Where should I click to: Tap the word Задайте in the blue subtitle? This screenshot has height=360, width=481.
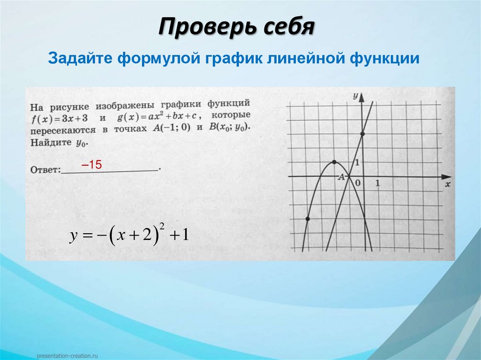76,59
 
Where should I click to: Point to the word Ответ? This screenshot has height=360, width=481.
46,169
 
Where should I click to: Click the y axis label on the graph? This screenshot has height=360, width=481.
356,96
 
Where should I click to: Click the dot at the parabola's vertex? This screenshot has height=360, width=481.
334,162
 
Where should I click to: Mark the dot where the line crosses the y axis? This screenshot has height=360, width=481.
362,134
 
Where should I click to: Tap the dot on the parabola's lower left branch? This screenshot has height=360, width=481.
307,219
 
